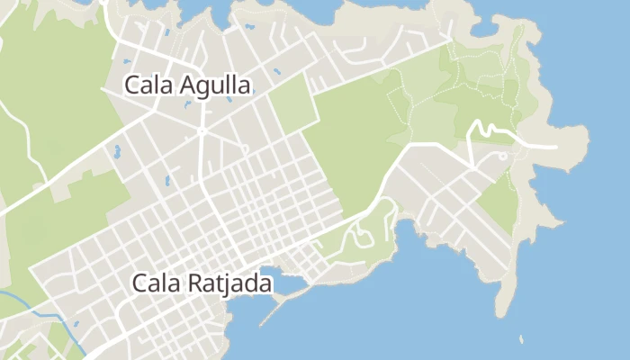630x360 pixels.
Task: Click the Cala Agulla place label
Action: pyautogui.click(x=188, y=85)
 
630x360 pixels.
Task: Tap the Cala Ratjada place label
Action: pyautogui.click(x=202, y=283)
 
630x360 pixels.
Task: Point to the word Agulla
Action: pyautogui.click(x=214, y=86)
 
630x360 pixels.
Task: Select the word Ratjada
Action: pyautogui.click(x=229, y=283)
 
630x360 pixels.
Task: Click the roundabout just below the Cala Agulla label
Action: pyautogui.click(x=202, y=131)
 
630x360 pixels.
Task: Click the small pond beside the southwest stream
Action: pyautogui.click(x=76, y=323)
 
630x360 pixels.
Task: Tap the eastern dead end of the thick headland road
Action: pyautogui.click(x=555, y=145)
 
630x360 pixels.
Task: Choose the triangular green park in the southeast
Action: pyautogui.click(x=500, y=198)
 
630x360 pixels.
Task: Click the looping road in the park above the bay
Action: pyautogui.click(x=364, y=236)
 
